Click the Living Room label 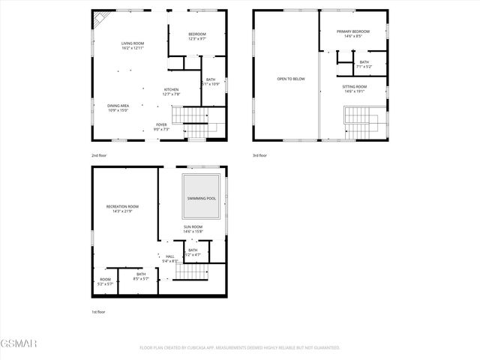(133, 45)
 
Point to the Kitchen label (172, 91)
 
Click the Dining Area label (118, 108)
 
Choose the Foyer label (161, 126)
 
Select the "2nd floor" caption (100, 155)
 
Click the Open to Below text (290, 78)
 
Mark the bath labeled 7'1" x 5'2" (364, 64)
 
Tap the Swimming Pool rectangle (202, 197)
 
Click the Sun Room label (193, 228)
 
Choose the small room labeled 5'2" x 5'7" (105, 282)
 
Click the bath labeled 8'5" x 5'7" (142, 276)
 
